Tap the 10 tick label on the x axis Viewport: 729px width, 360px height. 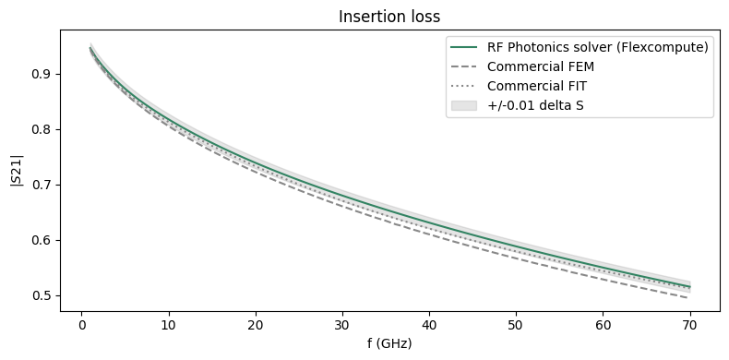(x=168, y=324)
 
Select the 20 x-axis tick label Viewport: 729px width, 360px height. (x=255, y=324)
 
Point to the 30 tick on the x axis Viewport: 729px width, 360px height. (x=342, y=324)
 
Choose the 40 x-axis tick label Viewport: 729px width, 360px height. (x=429, y=324)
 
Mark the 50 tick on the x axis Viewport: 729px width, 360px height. (x=516, y=324)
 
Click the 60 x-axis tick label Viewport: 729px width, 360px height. (x=604, y=324)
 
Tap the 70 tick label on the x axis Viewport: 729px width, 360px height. (x=690, y=324)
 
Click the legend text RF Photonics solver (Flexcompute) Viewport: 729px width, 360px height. (x=598, y=48)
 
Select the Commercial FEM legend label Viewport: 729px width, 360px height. (x=541, y=67)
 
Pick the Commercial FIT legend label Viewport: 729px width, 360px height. (x=537, y=87)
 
